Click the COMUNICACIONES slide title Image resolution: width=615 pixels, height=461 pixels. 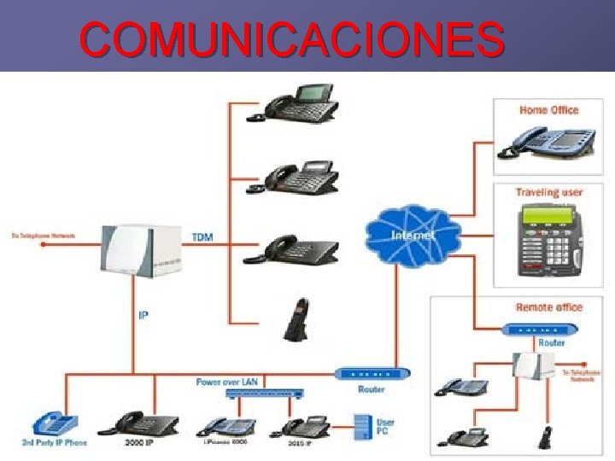pyautogui.click(x=291, y=38)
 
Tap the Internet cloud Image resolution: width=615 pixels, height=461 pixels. pyautogui.click(x=412, y=233)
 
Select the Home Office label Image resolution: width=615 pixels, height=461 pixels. pyautogui.click(x=548, y=110)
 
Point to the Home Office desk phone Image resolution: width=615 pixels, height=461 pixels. pyautogui.click(x=548, y=140)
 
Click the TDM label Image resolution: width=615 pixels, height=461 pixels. pyautogui.click(x=203, y=235)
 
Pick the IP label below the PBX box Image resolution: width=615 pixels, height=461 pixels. pyautogui.click(x=143, y=315)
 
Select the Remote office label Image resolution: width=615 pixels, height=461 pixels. pyautogui.click(x=548, y=306)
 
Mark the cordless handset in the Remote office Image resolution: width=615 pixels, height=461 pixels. pyautogui.click(x=542, y=436)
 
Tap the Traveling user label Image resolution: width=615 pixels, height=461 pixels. pyautogui.click(x=548, y=192)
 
